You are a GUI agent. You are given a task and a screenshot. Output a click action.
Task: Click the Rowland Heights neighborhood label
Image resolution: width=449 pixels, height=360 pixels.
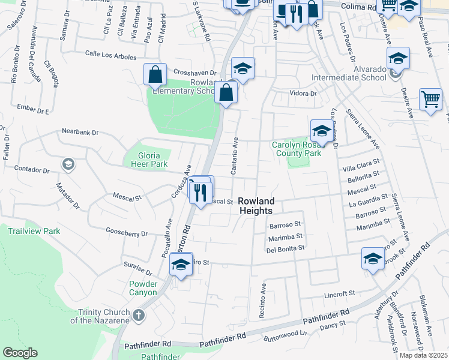(256, 206)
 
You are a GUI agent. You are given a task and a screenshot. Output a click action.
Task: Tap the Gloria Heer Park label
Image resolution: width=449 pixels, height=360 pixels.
(145, 154)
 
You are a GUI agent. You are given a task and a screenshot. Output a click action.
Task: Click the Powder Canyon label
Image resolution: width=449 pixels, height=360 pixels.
(143, 288)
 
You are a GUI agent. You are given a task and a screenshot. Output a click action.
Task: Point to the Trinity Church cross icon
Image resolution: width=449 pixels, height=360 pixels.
(139, 314)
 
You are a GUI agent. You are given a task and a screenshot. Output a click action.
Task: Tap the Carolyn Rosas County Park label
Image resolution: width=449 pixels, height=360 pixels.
(297, 149)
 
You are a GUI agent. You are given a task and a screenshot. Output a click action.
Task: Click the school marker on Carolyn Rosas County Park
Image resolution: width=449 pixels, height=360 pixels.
(321, 131)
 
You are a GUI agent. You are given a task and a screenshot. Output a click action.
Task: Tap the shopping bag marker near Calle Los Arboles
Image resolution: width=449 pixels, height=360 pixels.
(155, 75)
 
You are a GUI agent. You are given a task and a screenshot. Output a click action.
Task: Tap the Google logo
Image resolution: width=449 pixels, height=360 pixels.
(20, 353)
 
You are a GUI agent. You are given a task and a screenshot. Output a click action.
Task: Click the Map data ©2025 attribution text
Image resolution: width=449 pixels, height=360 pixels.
(424, 355)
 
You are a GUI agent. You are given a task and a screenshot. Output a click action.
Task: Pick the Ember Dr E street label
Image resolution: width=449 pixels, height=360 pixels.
(33, 110)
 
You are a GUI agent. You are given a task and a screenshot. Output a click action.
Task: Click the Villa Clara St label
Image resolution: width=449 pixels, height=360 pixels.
(361, 161)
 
